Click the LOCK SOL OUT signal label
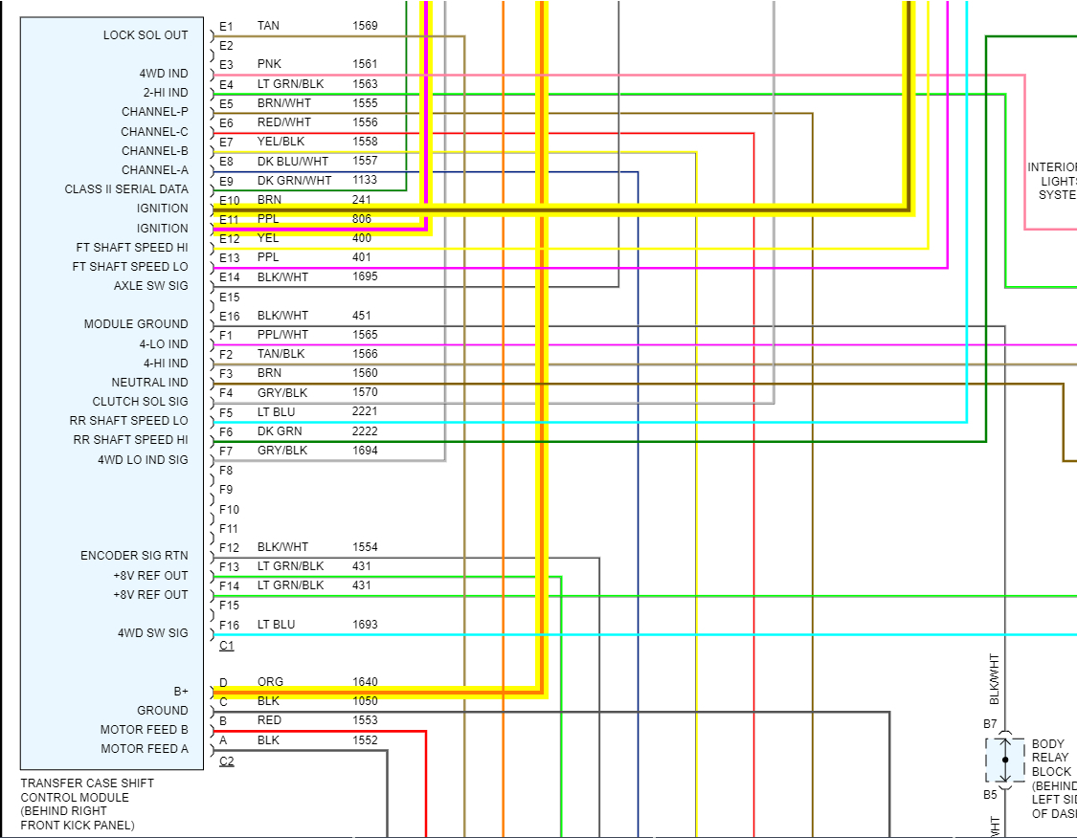(146, 35)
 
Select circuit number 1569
(365, 26)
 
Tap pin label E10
(229, 201)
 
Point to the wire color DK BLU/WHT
(293, 161)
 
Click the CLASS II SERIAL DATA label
(126, 189)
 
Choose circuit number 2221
(365, 411)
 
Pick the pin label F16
(229, 626)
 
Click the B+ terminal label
(180, 691)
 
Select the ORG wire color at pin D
(270, 682)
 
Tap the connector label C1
(226, 646)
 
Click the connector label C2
(226, 761)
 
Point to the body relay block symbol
(1005, 760)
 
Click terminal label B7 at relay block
(990, 724)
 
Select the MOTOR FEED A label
(145, 749)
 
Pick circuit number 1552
(365, 740)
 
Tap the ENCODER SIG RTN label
(134, 556)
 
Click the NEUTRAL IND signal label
(150, 383)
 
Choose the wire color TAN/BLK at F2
(280, 354)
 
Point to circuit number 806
(361, 219)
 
